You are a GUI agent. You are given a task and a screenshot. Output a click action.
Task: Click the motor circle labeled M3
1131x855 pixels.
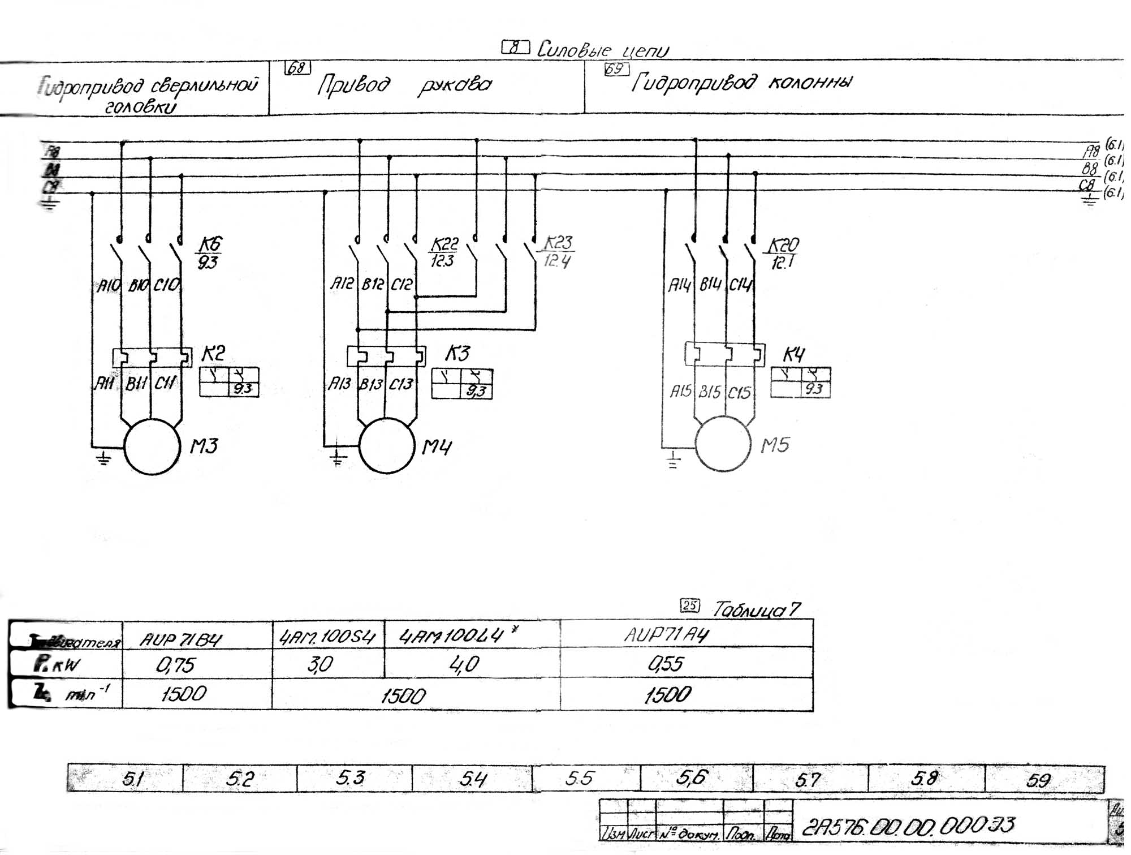pos(152,447)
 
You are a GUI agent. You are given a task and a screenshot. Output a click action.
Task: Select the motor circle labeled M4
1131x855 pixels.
pos(387,446)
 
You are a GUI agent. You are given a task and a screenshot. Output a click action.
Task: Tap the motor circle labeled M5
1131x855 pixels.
pos(723,444)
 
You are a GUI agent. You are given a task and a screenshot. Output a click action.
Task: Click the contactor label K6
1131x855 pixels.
pos(209,245)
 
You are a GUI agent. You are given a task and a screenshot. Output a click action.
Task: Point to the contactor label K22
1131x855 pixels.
pos(444,244)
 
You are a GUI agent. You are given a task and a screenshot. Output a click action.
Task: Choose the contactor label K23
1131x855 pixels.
pos(559,243)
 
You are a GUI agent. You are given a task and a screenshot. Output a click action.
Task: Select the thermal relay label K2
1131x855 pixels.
pos(213,354)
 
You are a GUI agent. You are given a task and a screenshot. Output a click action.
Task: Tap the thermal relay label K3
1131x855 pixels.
pos(457,354)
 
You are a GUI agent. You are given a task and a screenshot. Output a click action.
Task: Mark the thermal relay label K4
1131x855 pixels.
pos(793,355)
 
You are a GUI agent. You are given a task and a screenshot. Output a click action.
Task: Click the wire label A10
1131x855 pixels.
pos(109,286)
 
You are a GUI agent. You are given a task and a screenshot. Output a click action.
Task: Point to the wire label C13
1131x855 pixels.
pos(400,385)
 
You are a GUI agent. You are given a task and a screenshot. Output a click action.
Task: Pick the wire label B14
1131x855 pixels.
pos(710,285)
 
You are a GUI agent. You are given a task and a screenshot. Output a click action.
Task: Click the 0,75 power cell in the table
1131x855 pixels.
pos(175,665)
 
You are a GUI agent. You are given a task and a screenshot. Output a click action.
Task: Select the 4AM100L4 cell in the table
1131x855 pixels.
pos(451,637)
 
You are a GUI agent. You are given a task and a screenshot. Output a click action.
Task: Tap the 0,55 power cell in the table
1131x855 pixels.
pos(666,663)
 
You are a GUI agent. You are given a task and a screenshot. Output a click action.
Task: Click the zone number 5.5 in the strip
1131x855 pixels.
pos(580,779)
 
